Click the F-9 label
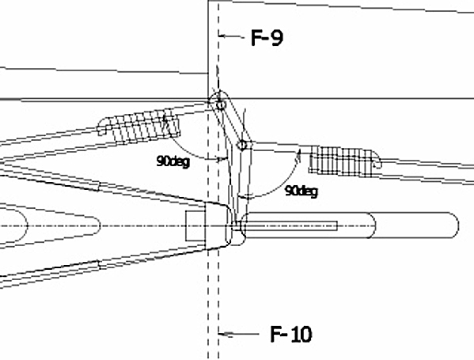coord(267,38)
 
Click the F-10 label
coord(290,334)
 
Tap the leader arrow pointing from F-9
coord(232,36)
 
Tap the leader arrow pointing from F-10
coord(239,334)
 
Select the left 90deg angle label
coord(173,161)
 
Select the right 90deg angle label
coord(301,191)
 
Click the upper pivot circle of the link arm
coord(221,105)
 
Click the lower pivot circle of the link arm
coord(242,146)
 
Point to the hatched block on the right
coord(344,161)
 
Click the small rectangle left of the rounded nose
coord(195,225)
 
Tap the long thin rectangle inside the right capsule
coord(290,225)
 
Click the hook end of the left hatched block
coord(102,127)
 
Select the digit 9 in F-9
coord(277,38)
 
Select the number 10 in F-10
coord(300,335)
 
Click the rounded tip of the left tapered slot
coord(100,225)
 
